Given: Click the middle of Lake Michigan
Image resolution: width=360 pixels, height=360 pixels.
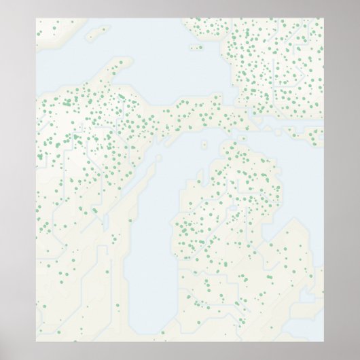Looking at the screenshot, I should (153, 224).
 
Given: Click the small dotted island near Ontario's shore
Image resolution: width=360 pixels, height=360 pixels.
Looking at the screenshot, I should (198, 48).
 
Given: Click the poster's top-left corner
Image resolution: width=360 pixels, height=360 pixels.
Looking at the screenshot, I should (36, 18).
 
